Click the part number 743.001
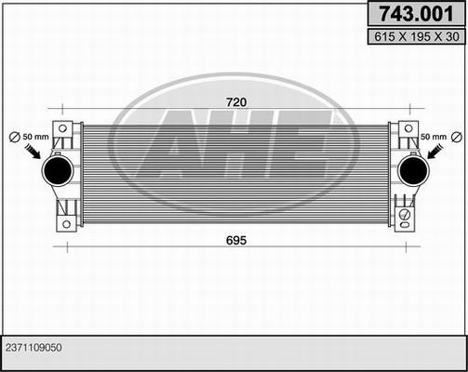[x=413, y=14]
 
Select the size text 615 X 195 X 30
[x=413, y=37]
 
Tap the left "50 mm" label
[x=34, y=138]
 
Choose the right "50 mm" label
[x=433, y=138]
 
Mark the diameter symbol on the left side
[x=13, y=138]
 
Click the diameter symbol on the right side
[x=456, y=138]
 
